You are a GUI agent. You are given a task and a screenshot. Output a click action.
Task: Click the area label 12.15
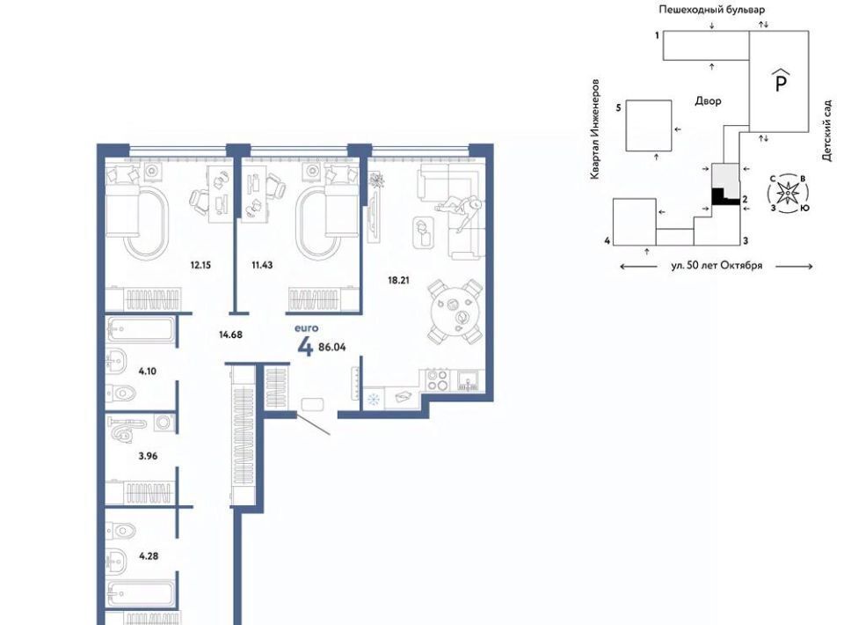(x=200, y=265)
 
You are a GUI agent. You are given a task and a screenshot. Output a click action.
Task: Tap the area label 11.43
(x=262, y=265)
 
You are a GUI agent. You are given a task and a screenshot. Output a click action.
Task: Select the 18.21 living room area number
(x=399, y=280)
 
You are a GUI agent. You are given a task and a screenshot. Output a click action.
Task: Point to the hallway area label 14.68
(x=230, y=335)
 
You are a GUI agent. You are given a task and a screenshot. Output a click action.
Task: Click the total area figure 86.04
(x=332, y=348)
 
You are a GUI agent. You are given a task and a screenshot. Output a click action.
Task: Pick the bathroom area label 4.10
(x=147, y=371)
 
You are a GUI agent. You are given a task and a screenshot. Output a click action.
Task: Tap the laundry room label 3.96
(x=148, y=456)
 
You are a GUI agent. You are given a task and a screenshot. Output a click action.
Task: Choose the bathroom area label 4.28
(x=149, y=556)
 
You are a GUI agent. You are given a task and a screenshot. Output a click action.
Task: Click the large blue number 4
(x=305, y=347)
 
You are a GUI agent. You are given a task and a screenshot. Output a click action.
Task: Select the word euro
(x=306, y=328)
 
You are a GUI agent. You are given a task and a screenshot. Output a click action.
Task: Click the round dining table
(x=455, y=311)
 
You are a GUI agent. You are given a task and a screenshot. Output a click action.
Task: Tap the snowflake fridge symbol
(x=373, y=400)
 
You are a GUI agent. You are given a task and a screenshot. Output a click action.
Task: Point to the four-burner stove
(x=437, y=379)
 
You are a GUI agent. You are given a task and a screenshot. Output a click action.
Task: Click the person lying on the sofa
(x=459, y=211)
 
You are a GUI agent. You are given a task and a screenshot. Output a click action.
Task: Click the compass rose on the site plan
(x=788, y=193)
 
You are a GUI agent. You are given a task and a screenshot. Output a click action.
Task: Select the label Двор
(x=708, y=100)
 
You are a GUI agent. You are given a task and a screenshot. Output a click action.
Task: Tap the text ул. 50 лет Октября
(x=717, y=266)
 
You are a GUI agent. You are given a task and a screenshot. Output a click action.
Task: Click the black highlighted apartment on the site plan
(x=722, y=197)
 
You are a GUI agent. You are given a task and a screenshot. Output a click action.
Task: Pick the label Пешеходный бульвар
(x=711, y=10)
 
